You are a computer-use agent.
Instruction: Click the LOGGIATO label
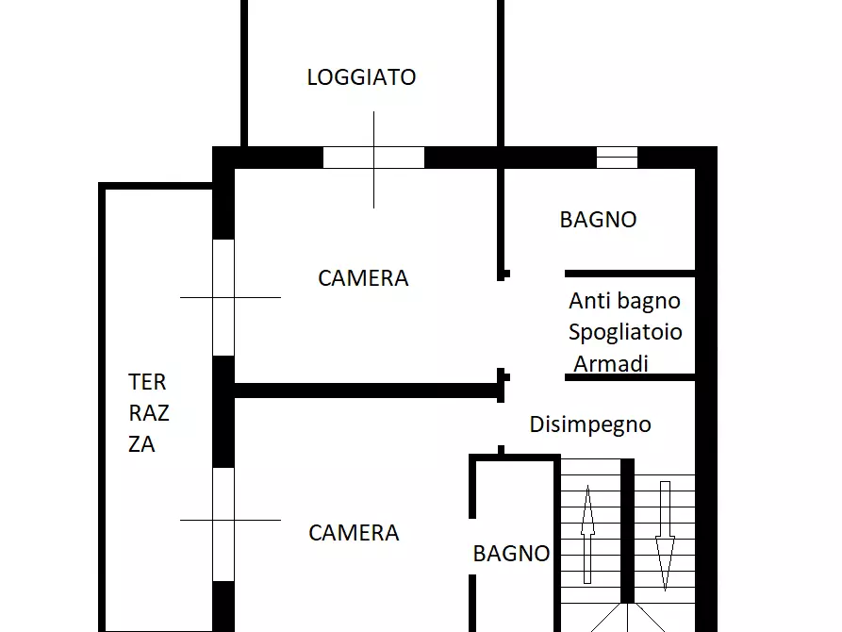pyautogui.click(x=361, y=77)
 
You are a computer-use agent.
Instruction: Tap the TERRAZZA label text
pyautogui.click(x=148, y=413)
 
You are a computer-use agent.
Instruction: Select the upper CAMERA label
pyautogui.click(x=363, y=278)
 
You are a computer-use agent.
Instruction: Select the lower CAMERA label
pyautogui.click(x=354, y=533)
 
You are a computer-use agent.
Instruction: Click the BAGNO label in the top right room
pyautogui.click(x=598, y=220)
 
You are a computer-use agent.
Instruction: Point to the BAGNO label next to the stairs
pyautogui.click(x=511, y=554)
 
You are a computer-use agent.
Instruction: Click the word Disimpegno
pyautogui.click(x=590, y=424)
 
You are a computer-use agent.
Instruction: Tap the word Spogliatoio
pyautogui.click(x=625, y=332)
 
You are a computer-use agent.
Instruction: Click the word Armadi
pyautogui.click(x=611, y=363)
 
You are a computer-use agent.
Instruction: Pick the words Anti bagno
pyautogui.click(x=624, y=301)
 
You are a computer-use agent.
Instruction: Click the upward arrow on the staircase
pyautogui.click(x=587, y=534)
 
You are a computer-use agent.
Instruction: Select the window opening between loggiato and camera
pyautogui.click(x=373, y=158)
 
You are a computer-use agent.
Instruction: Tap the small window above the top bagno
pyautogui.click(x=617, y=158)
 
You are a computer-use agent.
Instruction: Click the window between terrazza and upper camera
pyautogui.click(x=223, y=297)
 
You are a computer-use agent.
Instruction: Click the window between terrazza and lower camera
pyautogui.click(x=223, y=523)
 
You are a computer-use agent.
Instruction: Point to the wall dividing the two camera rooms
pyautogui.click(x=368, y=390)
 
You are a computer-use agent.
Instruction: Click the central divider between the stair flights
pyautogui.click(x=627, y=528)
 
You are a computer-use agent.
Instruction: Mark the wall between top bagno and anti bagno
pyautogui.click(x=630, y=274)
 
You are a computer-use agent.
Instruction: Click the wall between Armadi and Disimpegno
pyautogui.click(x=630, y=377)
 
